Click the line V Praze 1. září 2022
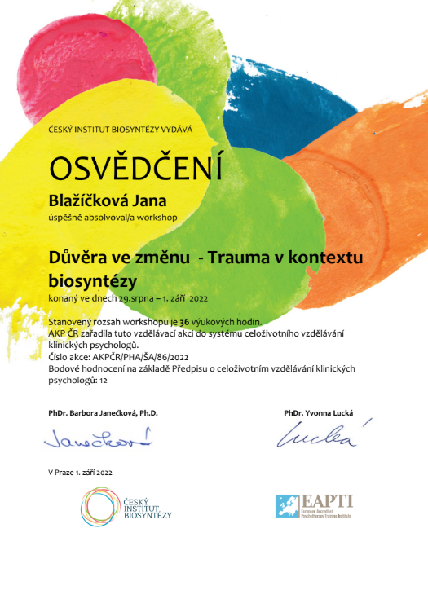(x=80, y=473)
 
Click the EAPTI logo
(x=314, y=506)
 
